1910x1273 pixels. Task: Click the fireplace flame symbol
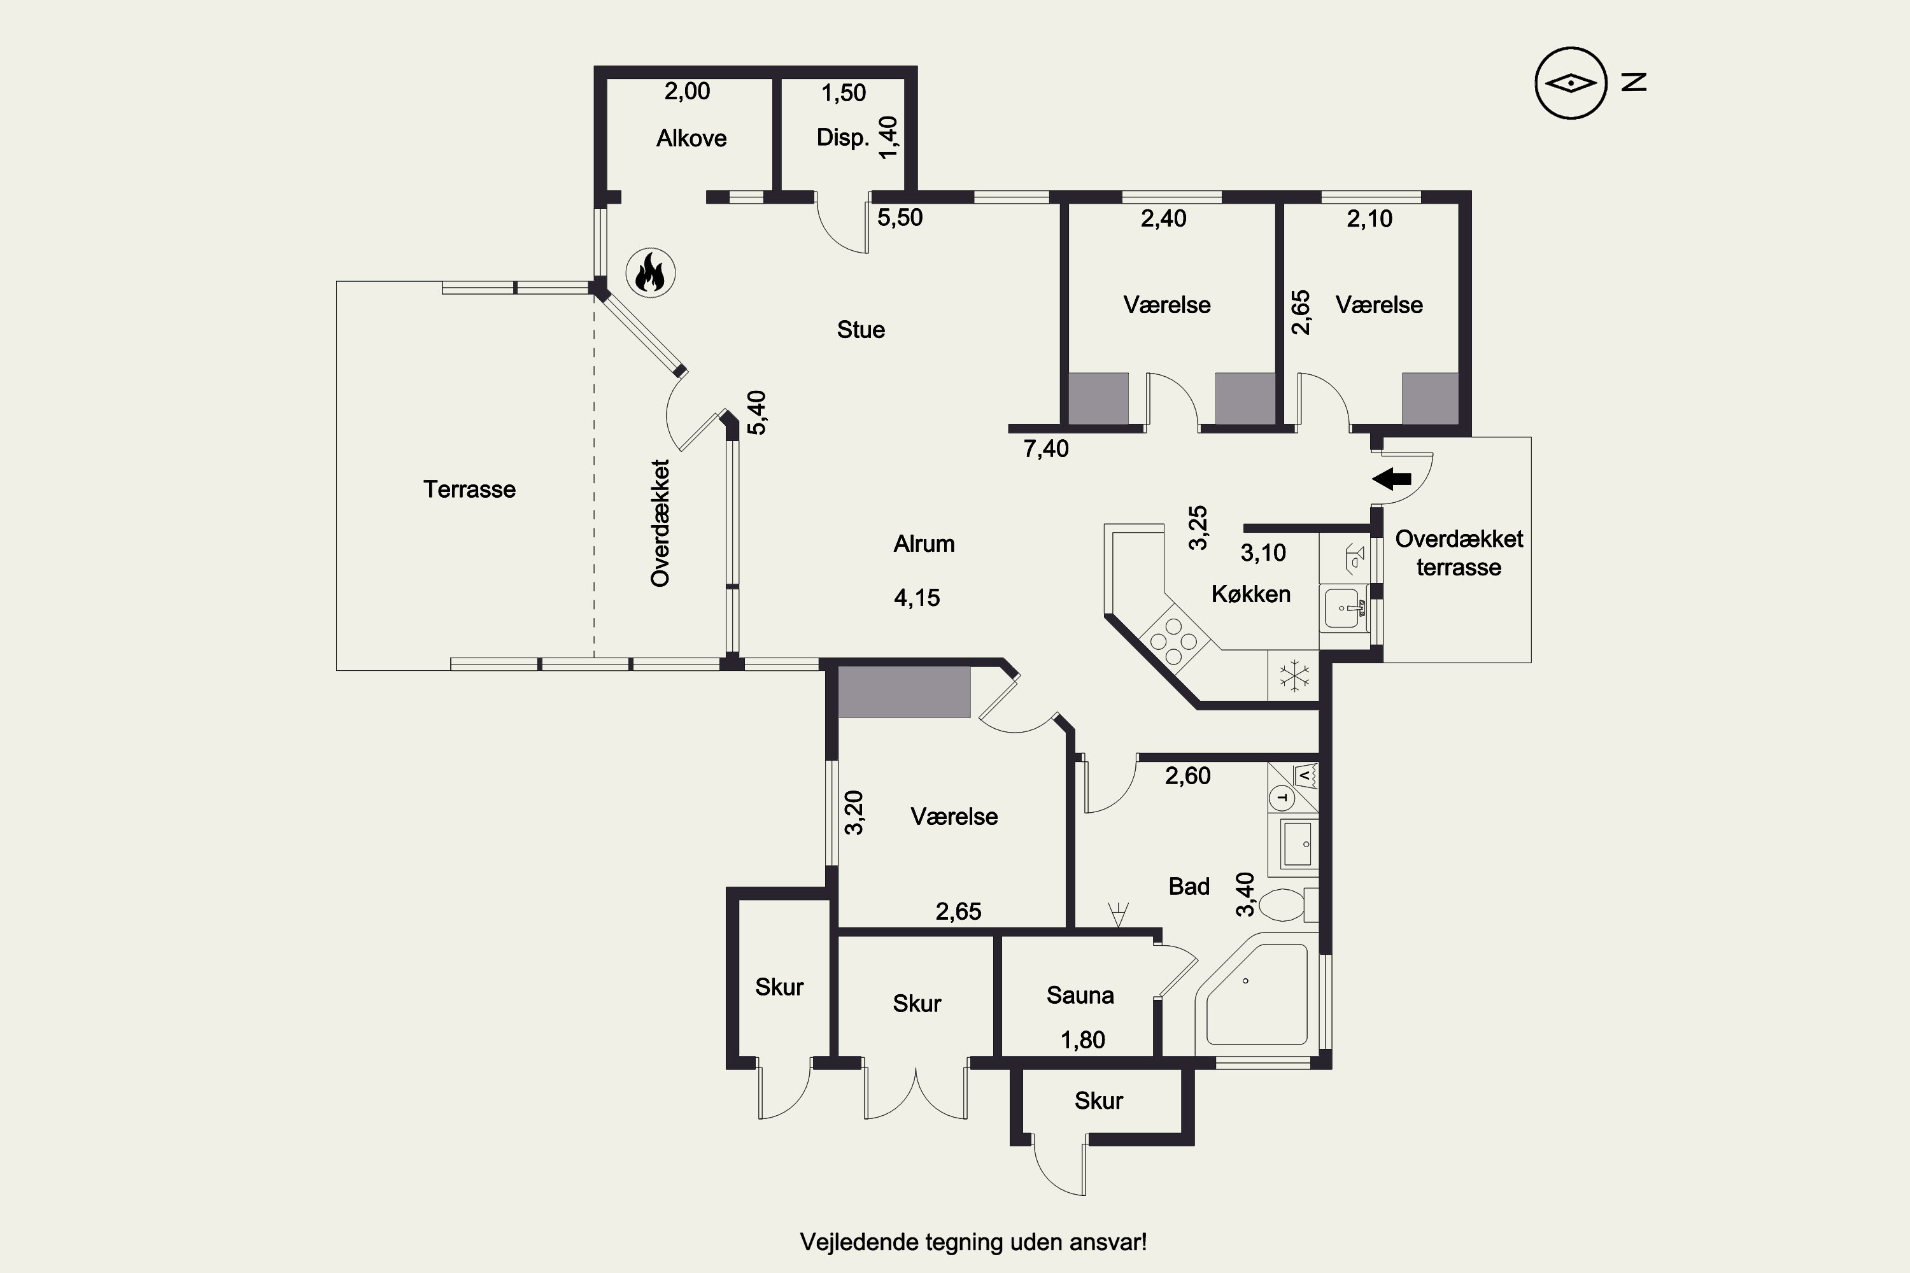point(651,273)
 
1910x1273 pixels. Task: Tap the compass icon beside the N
point(1571,83)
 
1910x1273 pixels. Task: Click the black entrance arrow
point(1391,479)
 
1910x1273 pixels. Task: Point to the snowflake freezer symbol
point(1294,675)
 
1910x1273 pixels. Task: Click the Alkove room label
point(691,138)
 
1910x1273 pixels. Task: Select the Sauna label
point(1080,995)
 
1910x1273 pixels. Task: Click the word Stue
point(861,330)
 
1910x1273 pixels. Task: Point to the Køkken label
point(1250,594)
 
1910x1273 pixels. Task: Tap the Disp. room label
point(842,138)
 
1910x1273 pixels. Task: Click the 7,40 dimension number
point(1046,449)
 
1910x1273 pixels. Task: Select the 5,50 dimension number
point(900,218)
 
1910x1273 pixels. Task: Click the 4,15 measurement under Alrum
point(917,598)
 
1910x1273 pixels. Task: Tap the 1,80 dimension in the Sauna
point(1082,1040)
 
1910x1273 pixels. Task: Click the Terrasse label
point(469,489)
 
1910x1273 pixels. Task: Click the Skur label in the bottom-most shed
point(1099,1101)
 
